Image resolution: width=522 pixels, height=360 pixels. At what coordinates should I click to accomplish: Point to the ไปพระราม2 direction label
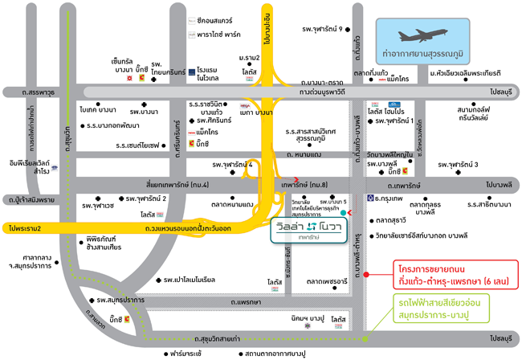(x=24, y=228)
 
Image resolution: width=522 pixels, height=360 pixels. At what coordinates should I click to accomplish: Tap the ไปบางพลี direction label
(x=499, y=184)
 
